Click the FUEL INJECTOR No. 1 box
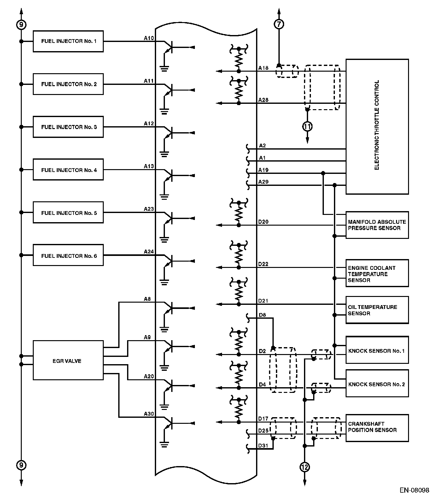pos(68,41)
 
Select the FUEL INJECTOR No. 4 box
pos(68,170)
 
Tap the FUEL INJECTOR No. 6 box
pos(68,256)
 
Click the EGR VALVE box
pos(68,360)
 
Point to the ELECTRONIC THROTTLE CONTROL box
pos(377,127)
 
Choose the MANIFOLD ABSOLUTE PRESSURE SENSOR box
pos(377,225)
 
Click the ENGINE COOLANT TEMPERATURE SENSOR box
pos(377,273)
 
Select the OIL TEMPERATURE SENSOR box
pos(377,310)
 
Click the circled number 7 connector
pos(279,24)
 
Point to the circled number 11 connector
pos(307,127)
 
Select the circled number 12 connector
pos(305,467)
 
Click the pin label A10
pos(149,38)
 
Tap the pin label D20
pos(263,222)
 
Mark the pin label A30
pos(149,414)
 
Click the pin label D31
pos(263,446)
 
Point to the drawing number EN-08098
pos(414,490)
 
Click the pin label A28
pos(263,100)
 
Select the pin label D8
pos(262,315)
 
